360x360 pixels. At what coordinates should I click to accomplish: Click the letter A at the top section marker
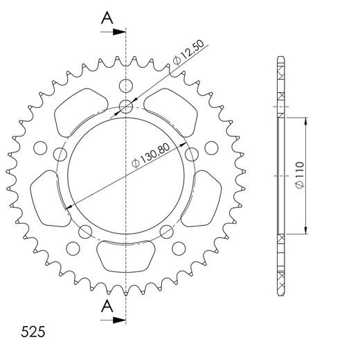pos(106,18)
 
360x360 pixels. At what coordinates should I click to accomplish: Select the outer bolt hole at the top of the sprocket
pos(125,87)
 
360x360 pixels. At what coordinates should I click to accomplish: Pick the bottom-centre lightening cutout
pos(125,255)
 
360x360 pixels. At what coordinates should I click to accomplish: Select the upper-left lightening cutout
pos(75,115)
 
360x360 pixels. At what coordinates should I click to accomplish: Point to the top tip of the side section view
pos(280,56)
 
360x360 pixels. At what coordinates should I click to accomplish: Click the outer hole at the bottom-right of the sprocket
pos(178,247)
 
